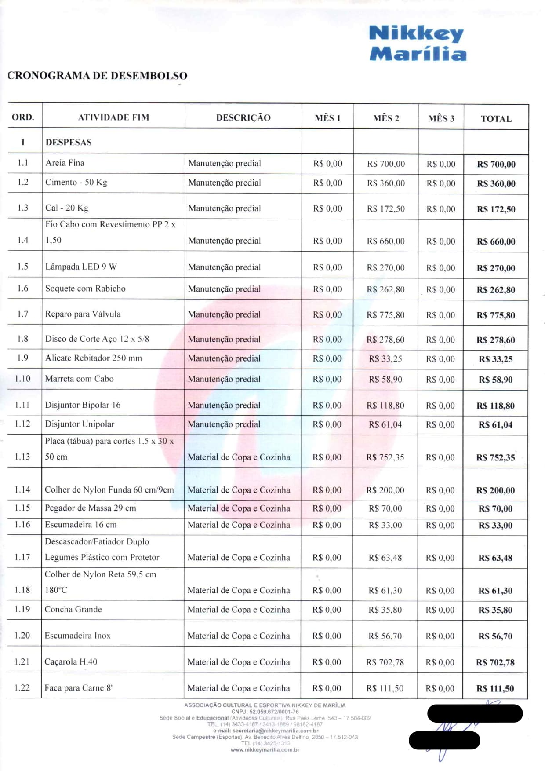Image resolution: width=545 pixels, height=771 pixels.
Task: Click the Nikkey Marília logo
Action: (418, 43)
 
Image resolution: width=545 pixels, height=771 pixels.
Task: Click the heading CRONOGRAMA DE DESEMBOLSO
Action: (98, 76)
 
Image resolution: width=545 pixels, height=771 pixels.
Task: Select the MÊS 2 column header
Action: (386, 118)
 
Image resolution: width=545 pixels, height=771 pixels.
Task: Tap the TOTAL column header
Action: (496, 118)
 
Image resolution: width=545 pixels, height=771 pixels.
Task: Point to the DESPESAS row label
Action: (69, 142)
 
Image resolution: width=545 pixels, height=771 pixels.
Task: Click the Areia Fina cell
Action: (65, 163)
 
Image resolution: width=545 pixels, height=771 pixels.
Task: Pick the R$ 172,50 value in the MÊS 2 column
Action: (386, 209)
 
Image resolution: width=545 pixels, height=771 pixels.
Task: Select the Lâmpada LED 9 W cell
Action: (81, 267)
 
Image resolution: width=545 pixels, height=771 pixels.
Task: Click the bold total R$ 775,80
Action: (496, 315)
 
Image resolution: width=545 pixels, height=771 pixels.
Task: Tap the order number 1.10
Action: (22, 379)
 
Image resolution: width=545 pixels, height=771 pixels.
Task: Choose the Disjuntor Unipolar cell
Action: (80, 424)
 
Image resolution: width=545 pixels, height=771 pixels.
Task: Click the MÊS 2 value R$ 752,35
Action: (385, 457)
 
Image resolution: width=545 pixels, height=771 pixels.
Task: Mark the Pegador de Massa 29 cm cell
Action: (91, 508)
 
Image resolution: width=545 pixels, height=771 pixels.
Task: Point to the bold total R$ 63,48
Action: (495, 558)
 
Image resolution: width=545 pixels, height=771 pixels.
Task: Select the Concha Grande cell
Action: (73, 609)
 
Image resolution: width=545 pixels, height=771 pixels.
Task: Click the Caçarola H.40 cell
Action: (71, 661)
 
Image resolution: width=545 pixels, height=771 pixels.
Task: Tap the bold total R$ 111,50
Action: (495, 688)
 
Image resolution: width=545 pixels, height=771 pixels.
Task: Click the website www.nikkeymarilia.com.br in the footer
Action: (265, 749)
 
